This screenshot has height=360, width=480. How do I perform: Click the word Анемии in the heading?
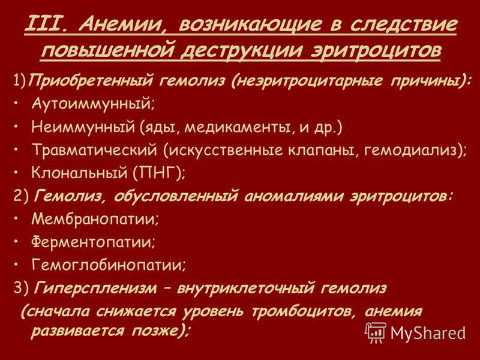(x=119, y=25)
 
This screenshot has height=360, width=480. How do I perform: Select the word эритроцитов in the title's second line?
(x=376, y=51)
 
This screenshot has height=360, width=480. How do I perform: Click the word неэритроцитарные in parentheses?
(x=307, y=82)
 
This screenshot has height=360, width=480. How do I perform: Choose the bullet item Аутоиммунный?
(x=93, y=104)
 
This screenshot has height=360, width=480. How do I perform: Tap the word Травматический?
(x=94, y=150)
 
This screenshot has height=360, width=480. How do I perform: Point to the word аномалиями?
(x=293, y=196)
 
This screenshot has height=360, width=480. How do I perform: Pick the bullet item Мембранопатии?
(x=95, y=219)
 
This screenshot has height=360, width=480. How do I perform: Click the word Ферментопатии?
(x=93, y=242)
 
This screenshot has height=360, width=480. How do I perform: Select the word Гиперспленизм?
(x=95, y=288)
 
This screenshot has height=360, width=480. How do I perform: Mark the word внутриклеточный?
(x=245, y=288)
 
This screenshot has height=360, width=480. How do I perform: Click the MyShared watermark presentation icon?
(x=376, y=332)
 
